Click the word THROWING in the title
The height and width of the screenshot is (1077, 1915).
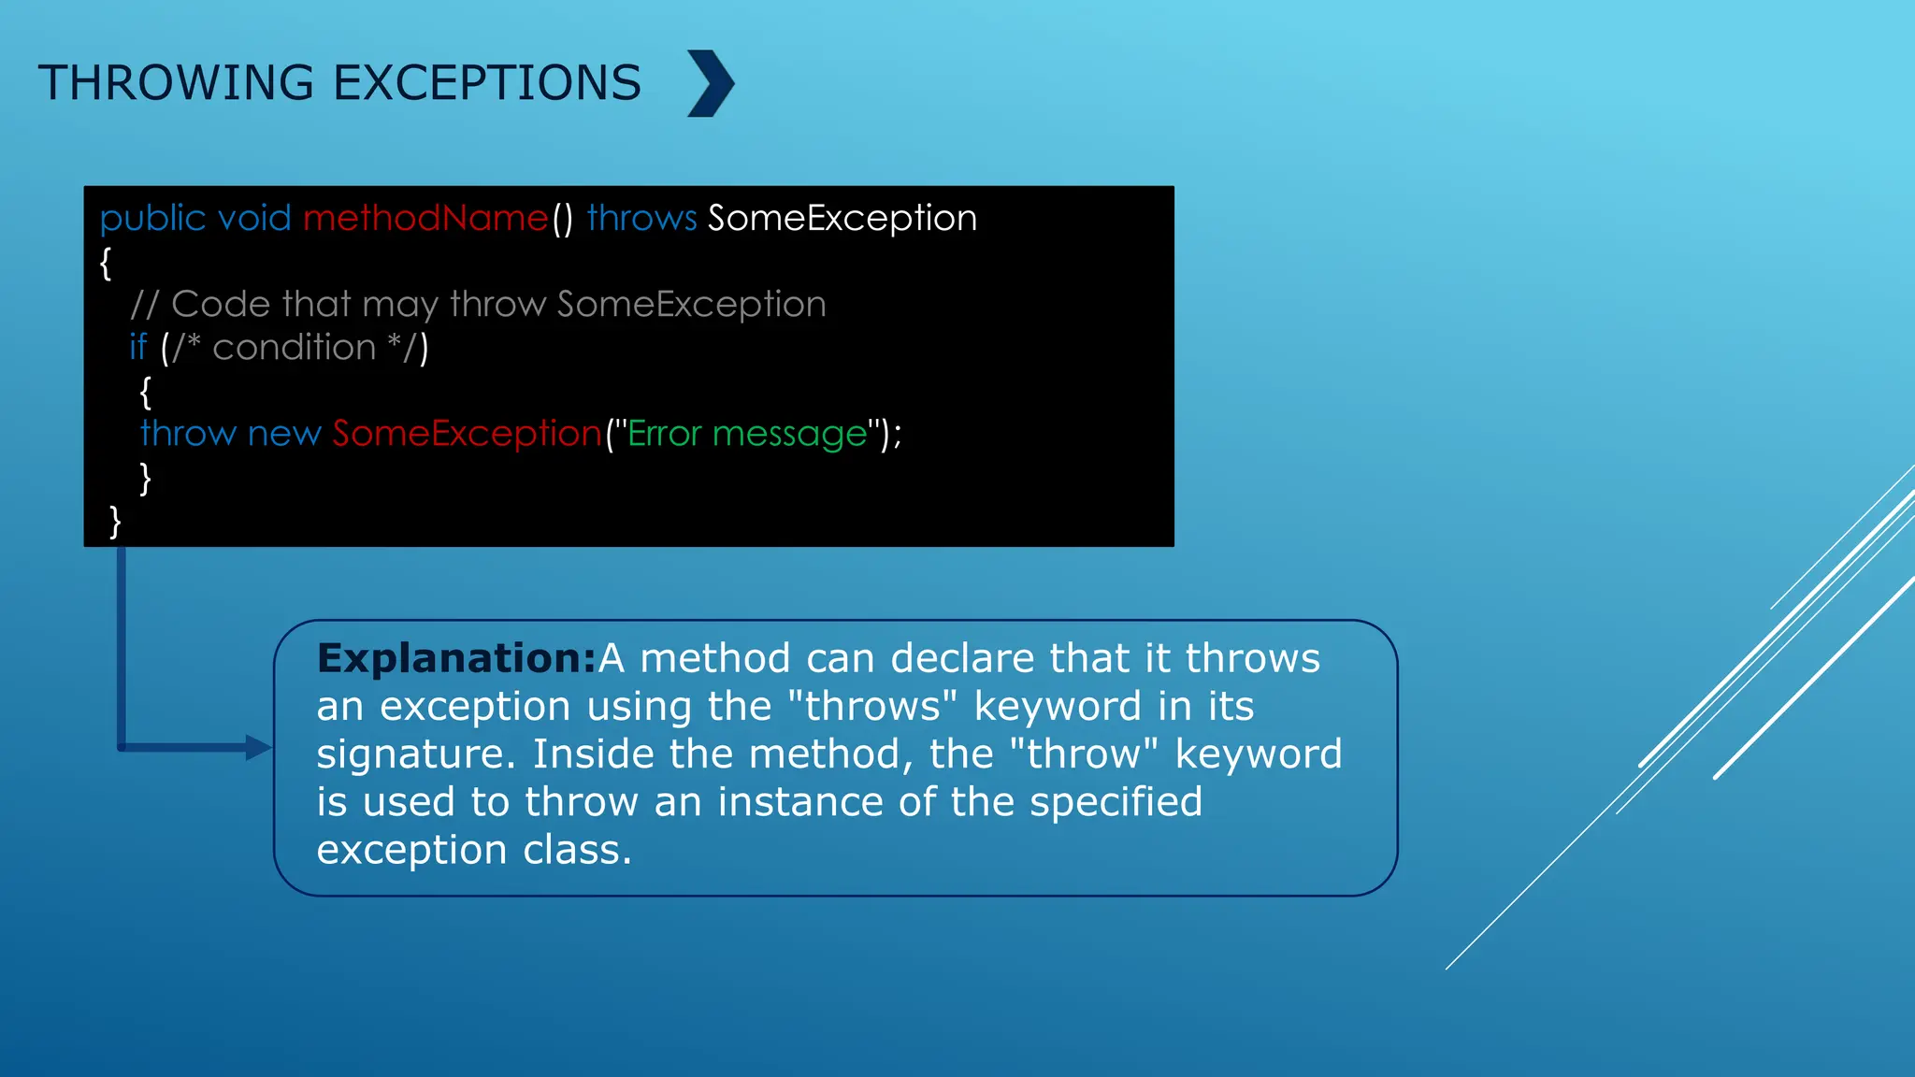[x=176, y=83]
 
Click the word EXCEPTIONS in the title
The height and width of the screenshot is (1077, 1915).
[x=486, y=83]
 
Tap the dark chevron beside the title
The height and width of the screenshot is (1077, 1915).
[x=711, y=83]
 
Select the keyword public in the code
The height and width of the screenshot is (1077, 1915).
[x=152, y=219]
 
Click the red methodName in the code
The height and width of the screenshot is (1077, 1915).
[x=425, y=218]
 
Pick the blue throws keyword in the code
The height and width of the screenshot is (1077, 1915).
[x=641, y=218]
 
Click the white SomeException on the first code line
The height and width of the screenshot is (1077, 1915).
[x=842, y=219]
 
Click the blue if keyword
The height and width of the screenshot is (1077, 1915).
[x=138, y=347]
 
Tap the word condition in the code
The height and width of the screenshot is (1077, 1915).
[x=294, y=348]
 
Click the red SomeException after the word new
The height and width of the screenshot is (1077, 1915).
[x=467, y=434]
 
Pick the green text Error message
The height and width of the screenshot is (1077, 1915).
[x=747, y=434]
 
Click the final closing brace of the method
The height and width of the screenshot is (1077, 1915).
[x=115, y=521]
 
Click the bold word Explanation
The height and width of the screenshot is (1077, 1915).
[x=455, y=658]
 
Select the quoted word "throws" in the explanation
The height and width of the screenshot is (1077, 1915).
[x=871, y=707]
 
